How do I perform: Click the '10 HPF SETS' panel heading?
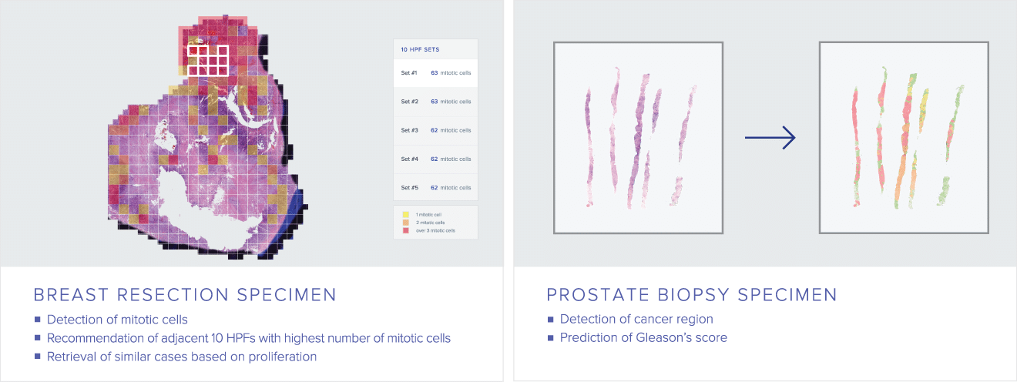point(420,49)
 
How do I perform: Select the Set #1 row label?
point(409,72)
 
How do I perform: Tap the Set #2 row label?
point(410,102)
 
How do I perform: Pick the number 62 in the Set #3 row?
point(434,130)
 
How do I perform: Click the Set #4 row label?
point(410,159)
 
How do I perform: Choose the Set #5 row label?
point(410,187)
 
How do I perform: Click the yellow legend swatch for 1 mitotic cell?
point(405,215)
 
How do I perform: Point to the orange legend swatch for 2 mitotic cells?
point(405,223)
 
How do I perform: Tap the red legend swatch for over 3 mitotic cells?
point(405,230)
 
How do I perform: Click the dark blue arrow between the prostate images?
point(770,137)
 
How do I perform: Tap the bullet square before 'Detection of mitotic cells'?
point(37,320)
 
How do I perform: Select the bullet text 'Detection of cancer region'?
point(636,319)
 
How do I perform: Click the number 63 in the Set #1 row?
point(434,72)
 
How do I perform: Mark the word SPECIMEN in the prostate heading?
point(787,295)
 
